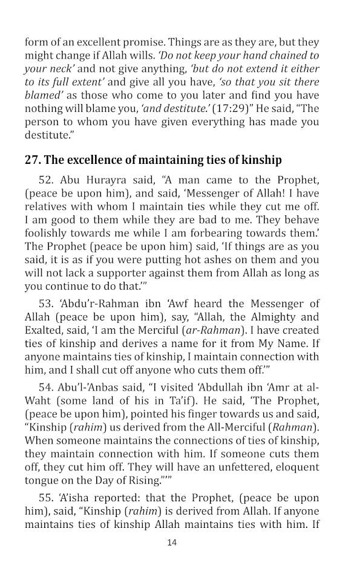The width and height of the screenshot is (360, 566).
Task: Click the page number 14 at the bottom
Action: click(x=172, y=542)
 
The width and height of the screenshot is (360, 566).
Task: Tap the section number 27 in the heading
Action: click(x=32, y=160)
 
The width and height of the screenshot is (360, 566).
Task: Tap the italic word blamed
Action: click(x=41, y=95)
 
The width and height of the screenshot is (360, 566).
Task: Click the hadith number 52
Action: click(x=44, y=180)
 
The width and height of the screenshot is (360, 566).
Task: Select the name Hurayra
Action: click(x=103, y=180)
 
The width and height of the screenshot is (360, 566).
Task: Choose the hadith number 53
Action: click(x=44, y=304)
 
